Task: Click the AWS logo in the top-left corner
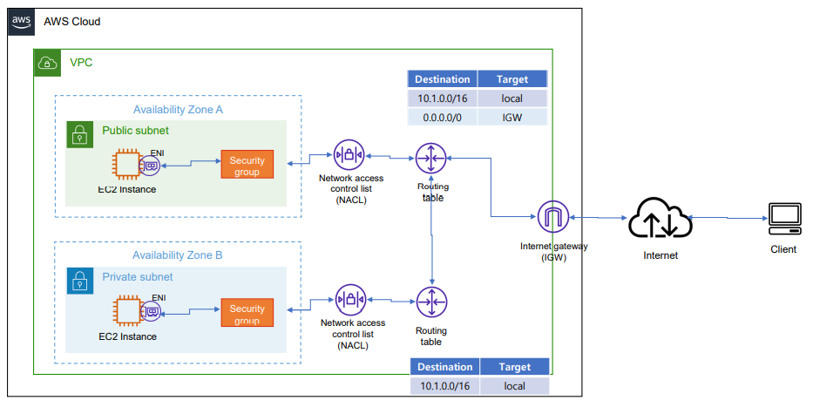pyautogui.click(x=22, y=22)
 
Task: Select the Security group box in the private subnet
pyautogui.click(x=247, y=312)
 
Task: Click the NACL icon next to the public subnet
pyautogui.click(x=349, y=155)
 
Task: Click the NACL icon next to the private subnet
pyautogui.click(x=349, y=300)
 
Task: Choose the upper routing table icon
pyautogui.click(x=430, y=159)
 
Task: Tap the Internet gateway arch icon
pyautogui.click(x=552, y=217)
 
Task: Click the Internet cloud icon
pyautogui.click(x=660, y=219)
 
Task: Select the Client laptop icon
pyautogui.click(x=783, y=219)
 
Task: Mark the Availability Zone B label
pyautogui.click(x=178, y=255)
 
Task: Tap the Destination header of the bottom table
pyautogui.click(x=444, y=367)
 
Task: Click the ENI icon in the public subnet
pyautogui.click(x=150, y=164)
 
